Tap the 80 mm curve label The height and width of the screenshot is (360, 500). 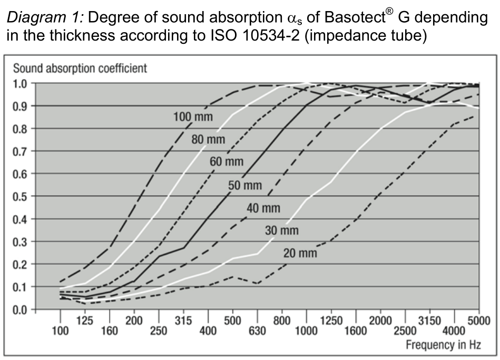click(x=208, y=140)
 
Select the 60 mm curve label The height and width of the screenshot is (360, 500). click(x=227, y=161)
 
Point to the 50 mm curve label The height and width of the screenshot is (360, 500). click(x=245, y=185)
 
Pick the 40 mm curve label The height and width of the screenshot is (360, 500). click(x=263, y=208)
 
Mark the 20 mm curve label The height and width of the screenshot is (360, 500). click(x=300, y=253)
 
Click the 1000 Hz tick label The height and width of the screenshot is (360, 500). click(x=307, y=331)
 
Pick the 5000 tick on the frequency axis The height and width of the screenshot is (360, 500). click(x=478, y=320)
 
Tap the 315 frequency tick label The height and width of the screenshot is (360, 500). click(x=183, y=320)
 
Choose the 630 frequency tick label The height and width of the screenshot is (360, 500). click(x=257, y=331)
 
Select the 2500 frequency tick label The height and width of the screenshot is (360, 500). click(x=405, y=331)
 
